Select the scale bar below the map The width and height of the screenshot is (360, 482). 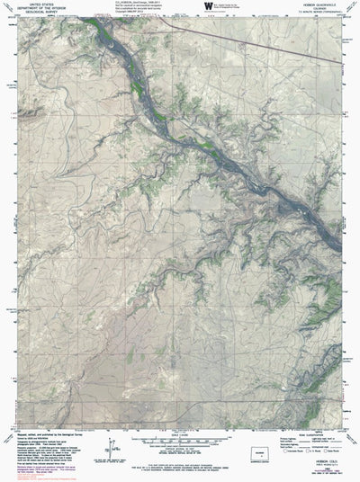tap(180, 441)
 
